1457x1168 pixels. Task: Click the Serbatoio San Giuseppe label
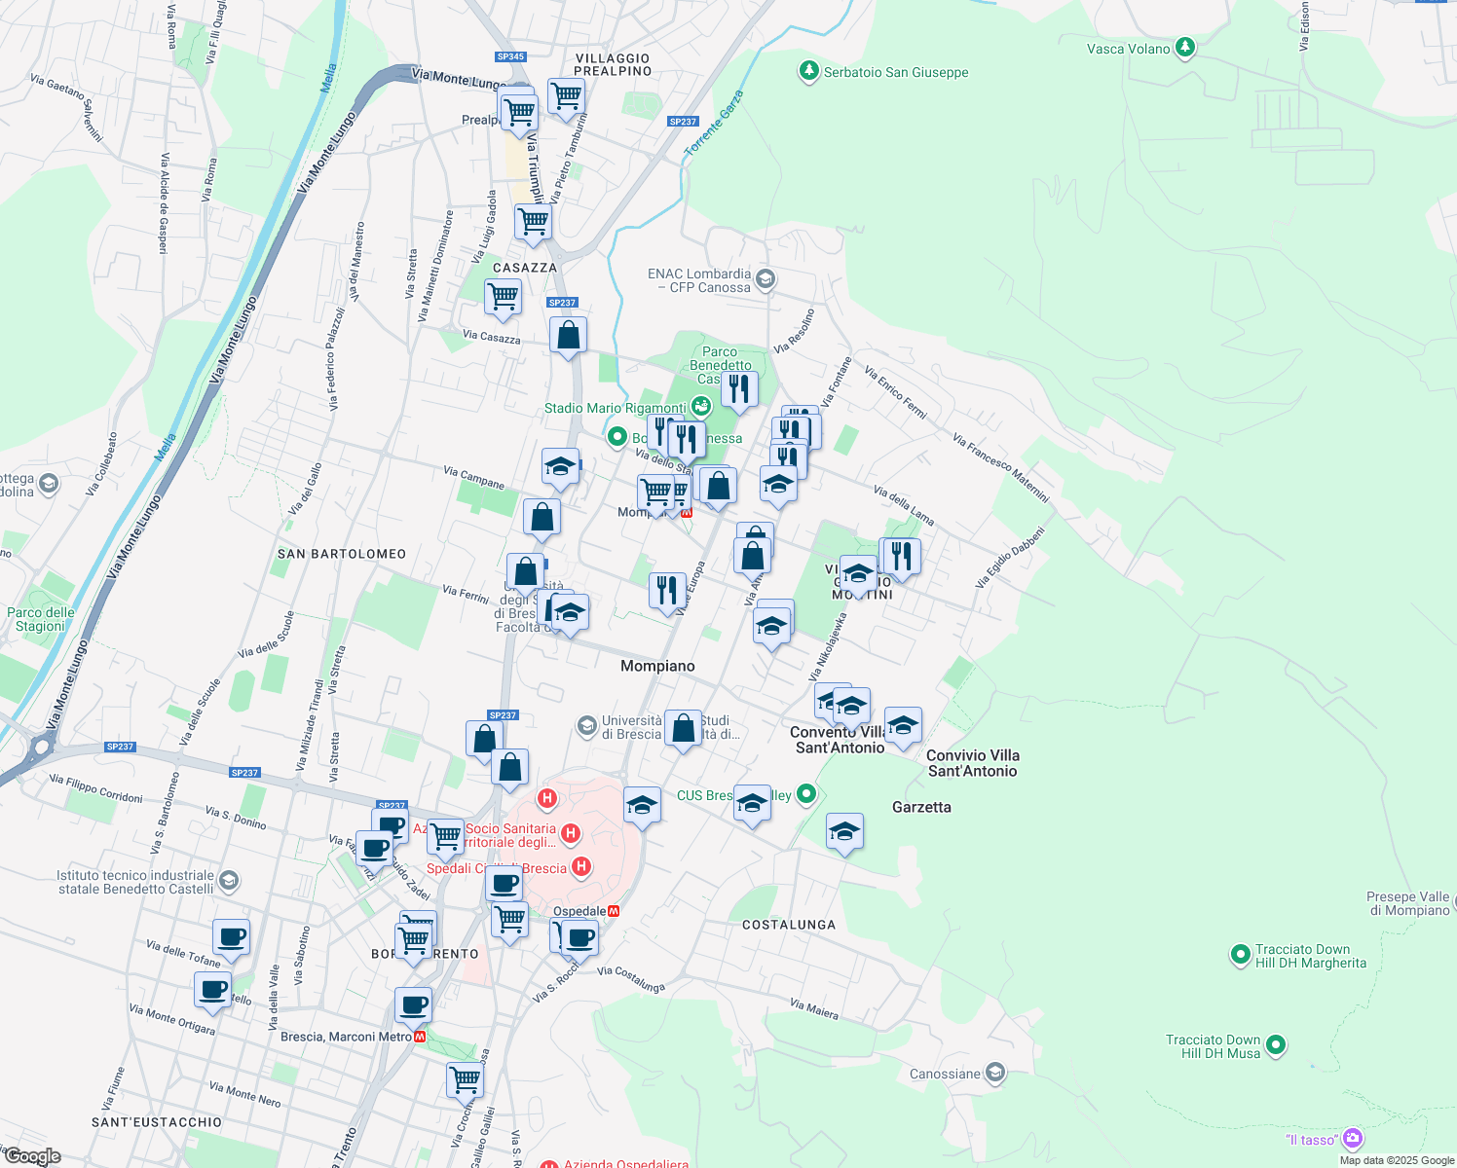(x=896, y=72)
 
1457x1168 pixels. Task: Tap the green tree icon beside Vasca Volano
(x=1184, y=47)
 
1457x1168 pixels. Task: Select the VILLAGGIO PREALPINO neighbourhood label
(x=613, y=65)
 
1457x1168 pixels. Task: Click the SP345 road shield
(x=510, y=57)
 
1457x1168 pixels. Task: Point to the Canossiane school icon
(x=994, y=1073)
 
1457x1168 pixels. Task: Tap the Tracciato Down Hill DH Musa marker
(x=1276, y=1046)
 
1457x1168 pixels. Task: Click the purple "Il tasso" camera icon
(x=1352, y=1138)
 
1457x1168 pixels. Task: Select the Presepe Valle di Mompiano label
(x=1407, y=903)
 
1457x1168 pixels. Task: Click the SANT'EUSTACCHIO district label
(x=157, y=1122)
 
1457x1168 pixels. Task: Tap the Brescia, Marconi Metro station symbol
(x=420, y=1037)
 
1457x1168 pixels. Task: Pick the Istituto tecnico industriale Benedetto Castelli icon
(x=228, y=881)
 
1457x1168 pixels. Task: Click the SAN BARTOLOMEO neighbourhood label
(x=342, y=554)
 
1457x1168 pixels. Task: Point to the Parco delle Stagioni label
(x=41, y=619)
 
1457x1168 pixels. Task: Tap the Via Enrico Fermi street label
(x=894, y=393)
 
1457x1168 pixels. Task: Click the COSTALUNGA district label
(x=789, y=925)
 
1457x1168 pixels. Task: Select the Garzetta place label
(x=921, y=807)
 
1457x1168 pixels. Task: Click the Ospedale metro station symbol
(x=614, y=911)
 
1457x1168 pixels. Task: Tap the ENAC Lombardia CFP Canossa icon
(x=765, y=279)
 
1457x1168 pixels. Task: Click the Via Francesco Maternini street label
(x=1000, y=468)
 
